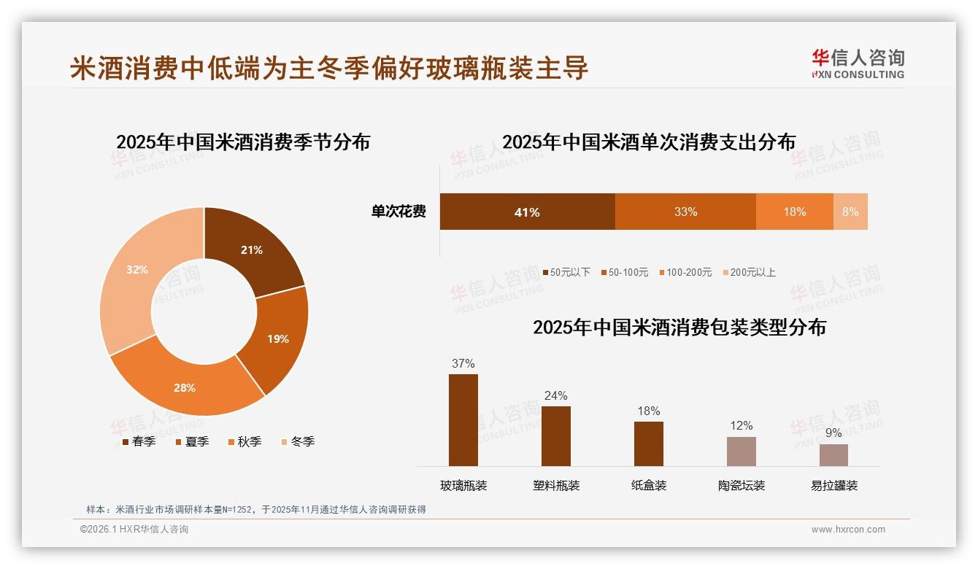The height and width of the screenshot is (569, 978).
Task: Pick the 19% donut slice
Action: (x=277, y=338)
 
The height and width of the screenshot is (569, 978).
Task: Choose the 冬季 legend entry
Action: (x=296, y=441)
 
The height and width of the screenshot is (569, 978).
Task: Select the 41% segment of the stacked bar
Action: (x=527, y=212)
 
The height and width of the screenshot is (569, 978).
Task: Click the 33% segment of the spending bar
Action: (x=685, y=212)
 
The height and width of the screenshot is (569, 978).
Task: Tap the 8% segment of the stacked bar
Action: (x=850, y=212)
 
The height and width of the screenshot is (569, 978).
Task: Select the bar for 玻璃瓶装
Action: (x=463, y=420)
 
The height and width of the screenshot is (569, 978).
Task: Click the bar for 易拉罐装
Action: (x=833, y=455)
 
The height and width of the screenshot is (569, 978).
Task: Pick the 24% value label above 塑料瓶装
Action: (x=555, y=395)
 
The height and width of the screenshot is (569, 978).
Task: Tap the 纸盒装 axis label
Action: (x=649, y=485)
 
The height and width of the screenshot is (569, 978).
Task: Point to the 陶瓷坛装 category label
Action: (x=742, y=485)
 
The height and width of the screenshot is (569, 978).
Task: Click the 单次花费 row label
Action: (x=398, y=212)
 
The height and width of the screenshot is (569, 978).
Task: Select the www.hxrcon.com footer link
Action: (x=848, y=530)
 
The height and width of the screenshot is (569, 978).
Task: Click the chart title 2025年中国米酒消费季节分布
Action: (x=243, y=142)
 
